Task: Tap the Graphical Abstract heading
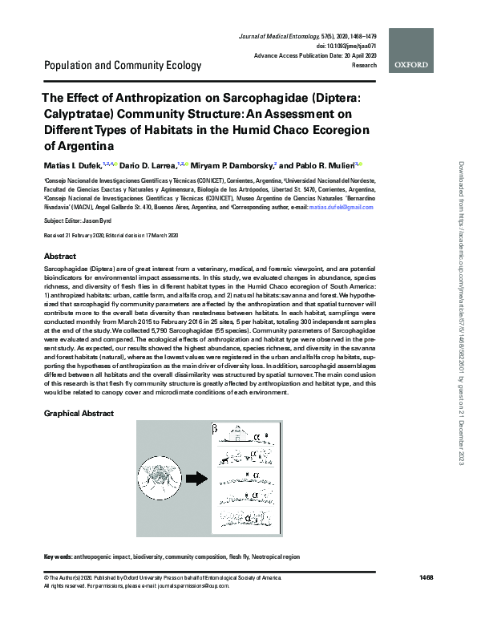coord(79,414)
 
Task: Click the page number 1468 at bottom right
coord(426,579)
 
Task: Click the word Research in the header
coord(363,65)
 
